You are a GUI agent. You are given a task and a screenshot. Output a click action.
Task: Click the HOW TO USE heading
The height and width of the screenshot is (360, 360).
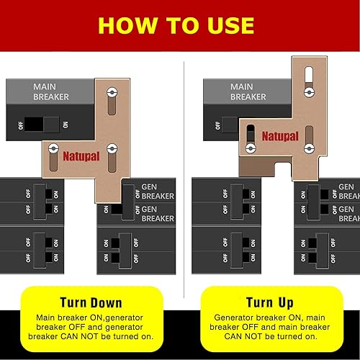tap(176, 25)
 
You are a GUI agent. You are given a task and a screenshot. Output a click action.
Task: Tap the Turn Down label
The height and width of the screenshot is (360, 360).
tap(90, 302)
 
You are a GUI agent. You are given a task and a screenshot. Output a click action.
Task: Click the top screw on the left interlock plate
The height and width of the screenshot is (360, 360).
tap(110, 93)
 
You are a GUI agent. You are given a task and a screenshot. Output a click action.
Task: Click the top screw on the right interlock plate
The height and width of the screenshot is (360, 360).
tap(308, 91)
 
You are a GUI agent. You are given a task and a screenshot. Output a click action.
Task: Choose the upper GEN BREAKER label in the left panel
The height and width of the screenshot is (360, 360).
tap(156, 191)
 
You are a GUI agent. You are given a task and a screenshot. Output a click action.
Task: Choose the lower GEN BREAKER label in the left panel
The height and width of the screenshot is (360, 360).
tap(156, 214)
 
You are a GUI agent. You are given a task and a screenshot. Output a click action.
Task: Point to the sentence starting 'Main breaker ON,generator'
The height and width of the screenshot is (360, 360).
tap(90, 326)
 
